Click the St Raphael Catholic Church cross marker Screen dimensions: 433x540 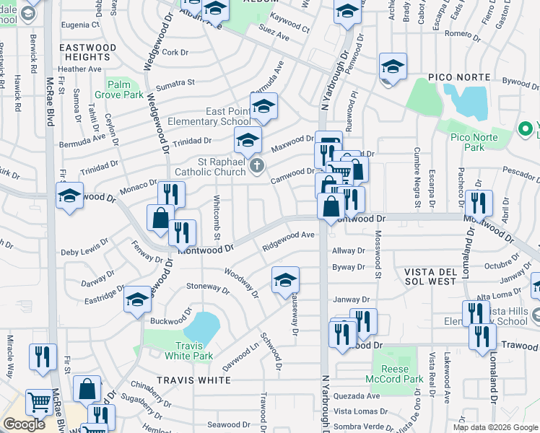[256, 167]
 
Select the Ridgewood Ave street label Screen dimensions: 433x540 [289, 240]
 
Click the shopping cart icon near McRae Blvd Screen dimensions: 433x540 [38, 403]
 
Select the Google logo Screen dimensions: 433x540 [24, 424]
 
